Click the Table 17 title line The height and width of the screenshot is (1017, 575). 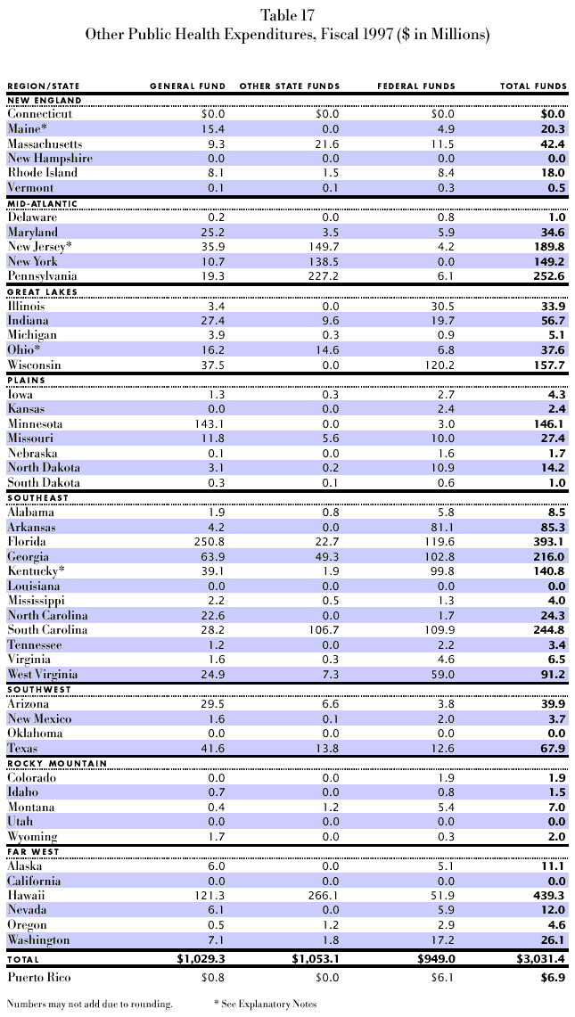(x=287, y=15)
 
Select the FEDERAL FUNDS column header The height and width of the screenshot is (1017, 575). (x=416, y=86)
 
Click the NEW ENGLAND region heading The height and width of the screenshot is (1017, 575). (x=45, y=100)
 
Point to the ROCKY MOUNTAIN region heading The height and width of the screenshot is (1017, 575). (x=57, y=763)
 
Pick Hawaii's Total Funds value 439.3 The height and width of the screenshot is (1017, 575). (x=548, y=895)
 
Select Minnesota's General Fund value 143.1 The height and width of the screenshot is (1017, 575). (x=208, y=423)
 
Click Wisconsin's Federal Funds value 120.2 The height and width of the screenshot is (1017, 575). (x=437, y=365)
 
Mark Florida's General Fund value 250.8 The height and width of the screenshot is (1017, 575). (x=208, y=541)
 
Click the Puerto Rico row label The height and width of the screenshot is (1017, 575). (x=39, y=979)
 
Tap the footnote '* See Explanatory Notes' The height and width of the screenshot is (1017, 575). (x=265, y=1004)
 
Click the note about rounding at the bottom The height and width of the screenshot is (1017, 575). (x=89, y=1004)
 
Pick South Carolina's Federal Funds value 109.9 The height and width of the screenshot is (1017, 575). (x=437, y=629)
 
